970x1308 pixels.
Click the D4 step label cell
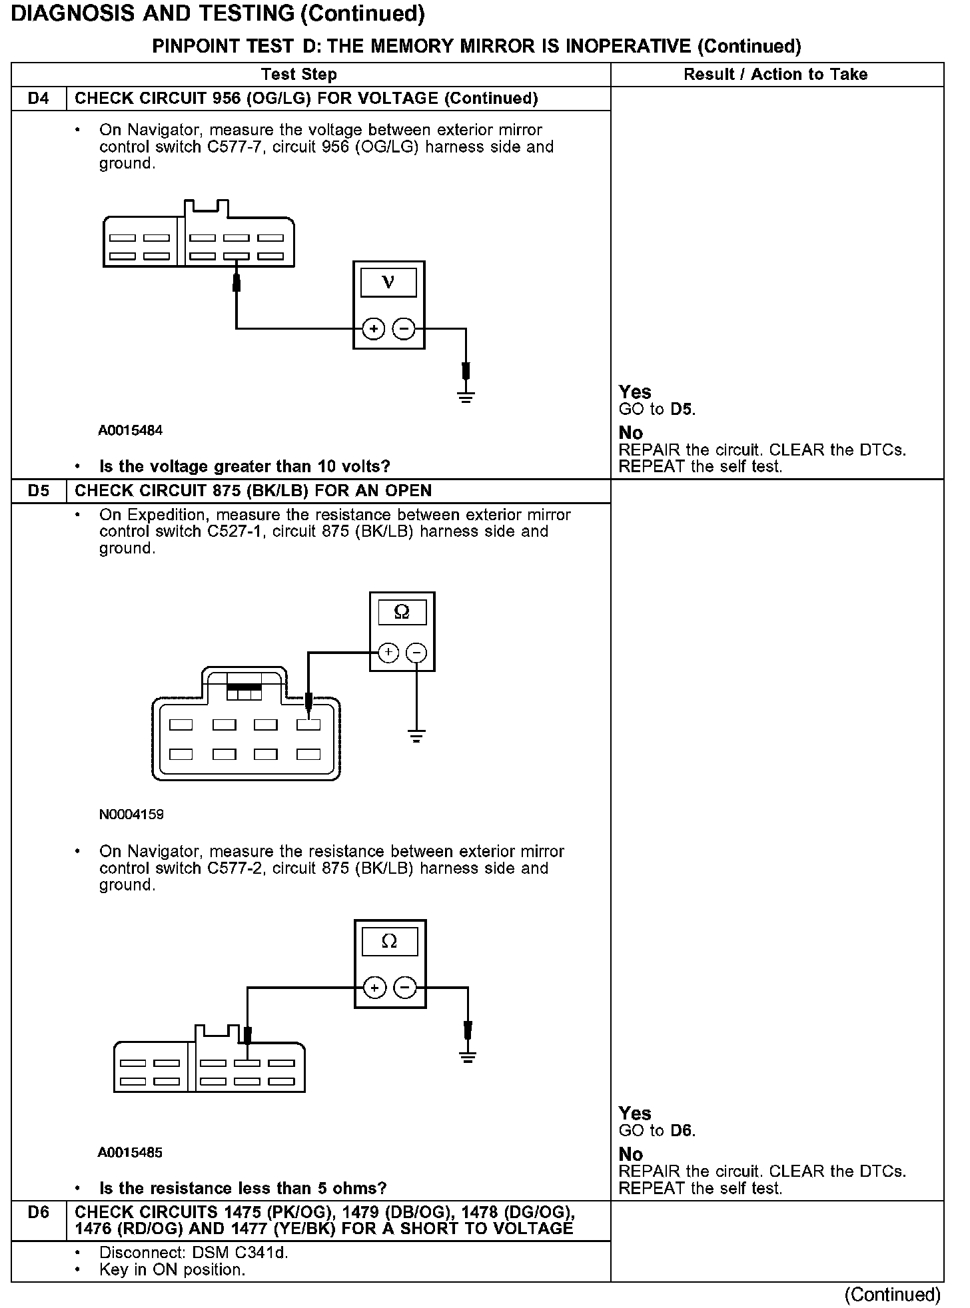click(39, 99)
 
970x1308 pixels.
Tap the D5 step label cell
click(39, 491)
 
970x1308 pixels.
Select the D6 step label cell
click(39, 1212)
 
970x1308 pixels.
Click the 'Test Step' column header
click(299, 75)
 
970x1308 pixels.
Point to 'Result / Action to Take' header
click(775, 75)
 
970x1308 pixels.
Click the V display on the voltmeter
click(388, 282)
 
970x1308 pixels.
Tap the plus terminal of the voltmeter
click(374, 328)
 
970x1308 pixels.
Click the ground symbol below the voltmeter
click(466, 398)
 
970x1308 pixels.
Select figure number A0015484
click(131, 430)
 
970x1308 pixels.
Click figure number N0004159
click(131, 814)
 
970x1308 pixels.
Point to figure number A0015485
click(131, 1152)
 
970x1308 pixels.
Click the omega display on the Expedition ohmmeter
click(402, 612)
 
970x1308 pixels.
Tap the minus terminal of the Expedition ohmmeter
click(417, 653)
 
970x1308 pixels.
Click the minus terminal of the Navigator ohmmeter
click(405, 988)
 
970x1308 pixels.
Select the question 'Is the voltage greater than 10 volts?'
click(244, 466)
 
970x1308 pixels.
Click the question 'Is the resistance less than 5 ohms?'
click(242, 1188)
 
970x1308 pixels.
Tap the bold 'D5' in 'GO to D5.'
click(682, 409)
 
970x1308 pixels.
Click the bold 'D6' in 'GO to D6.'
click(682, 1130)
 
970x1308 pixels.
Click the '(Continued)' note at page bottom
click(892, 1294)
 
